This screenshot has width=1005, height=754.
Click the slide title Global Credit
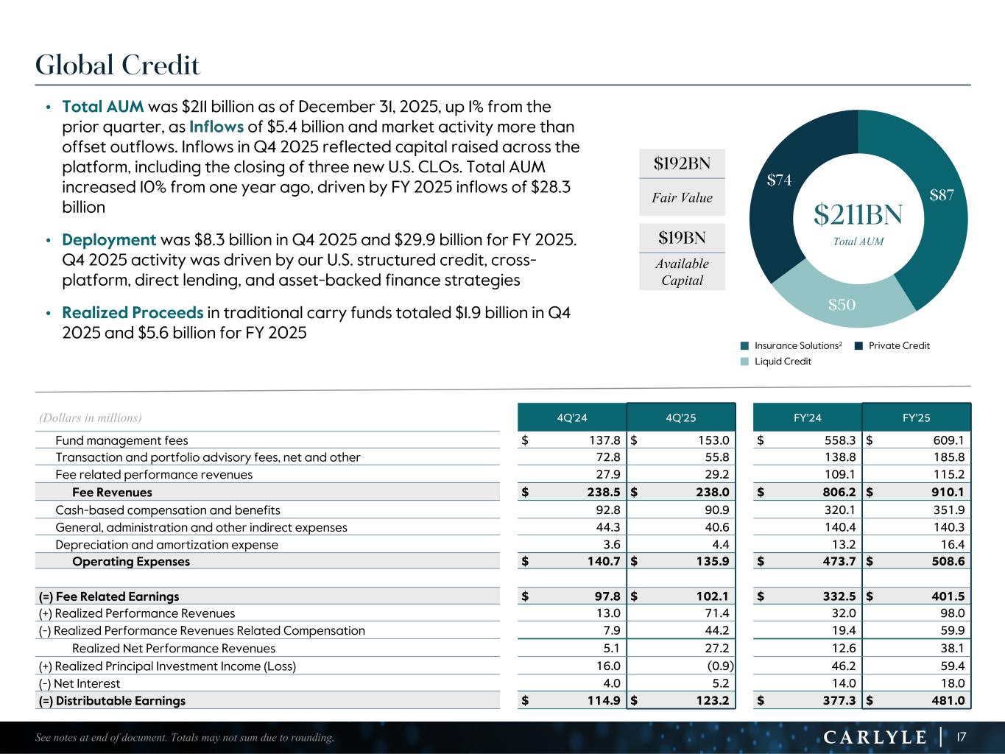click(118, 66)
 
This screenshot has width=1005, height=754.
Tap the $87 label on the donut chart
click(942, 195)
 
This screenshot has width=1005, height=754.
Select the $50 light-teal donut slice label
click(842, 304)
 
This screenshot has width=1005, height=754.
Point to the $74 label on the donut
click(779, 180)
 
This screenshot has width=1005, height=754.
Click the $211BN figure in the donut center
click(858, 214)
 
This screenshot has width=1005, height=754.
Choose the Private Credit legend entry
click(898, 345)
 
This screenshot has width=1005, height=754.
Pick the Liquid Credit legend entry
click(782, 362)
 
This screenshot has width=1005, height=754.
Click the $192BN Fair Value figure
click(682, 163)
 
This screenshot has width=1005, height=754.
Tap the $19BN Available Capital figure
click(682, 238)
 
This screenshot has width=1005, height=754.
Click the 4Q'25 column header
click(681, 417)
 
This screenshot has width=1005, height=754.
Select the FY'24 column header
click(808, 417)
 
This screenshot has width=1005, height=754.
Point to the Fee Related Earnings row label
click(109, 596)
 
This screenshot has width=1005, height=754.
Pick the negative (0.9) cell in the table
click(719, 666)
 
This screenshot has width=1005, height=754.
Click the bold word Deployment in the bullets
click(109, 240)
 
